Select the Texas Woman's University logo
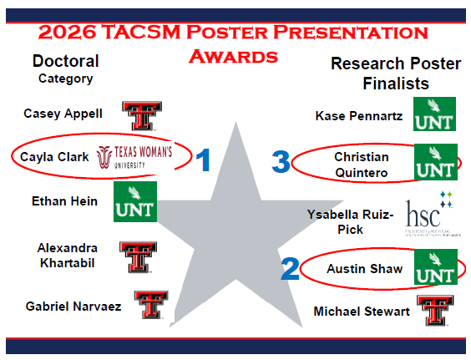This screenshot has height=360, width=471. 134,156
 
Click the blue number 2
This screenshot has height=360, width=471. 291,268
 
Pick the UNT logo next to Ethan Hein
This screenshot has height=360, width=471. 135,202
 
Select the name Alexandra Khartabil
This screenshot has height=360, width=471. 68,254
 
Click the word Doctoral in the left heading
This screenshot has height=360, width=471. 65,61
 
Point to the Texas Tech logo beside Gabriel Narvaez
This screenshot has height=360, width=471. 151,305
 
